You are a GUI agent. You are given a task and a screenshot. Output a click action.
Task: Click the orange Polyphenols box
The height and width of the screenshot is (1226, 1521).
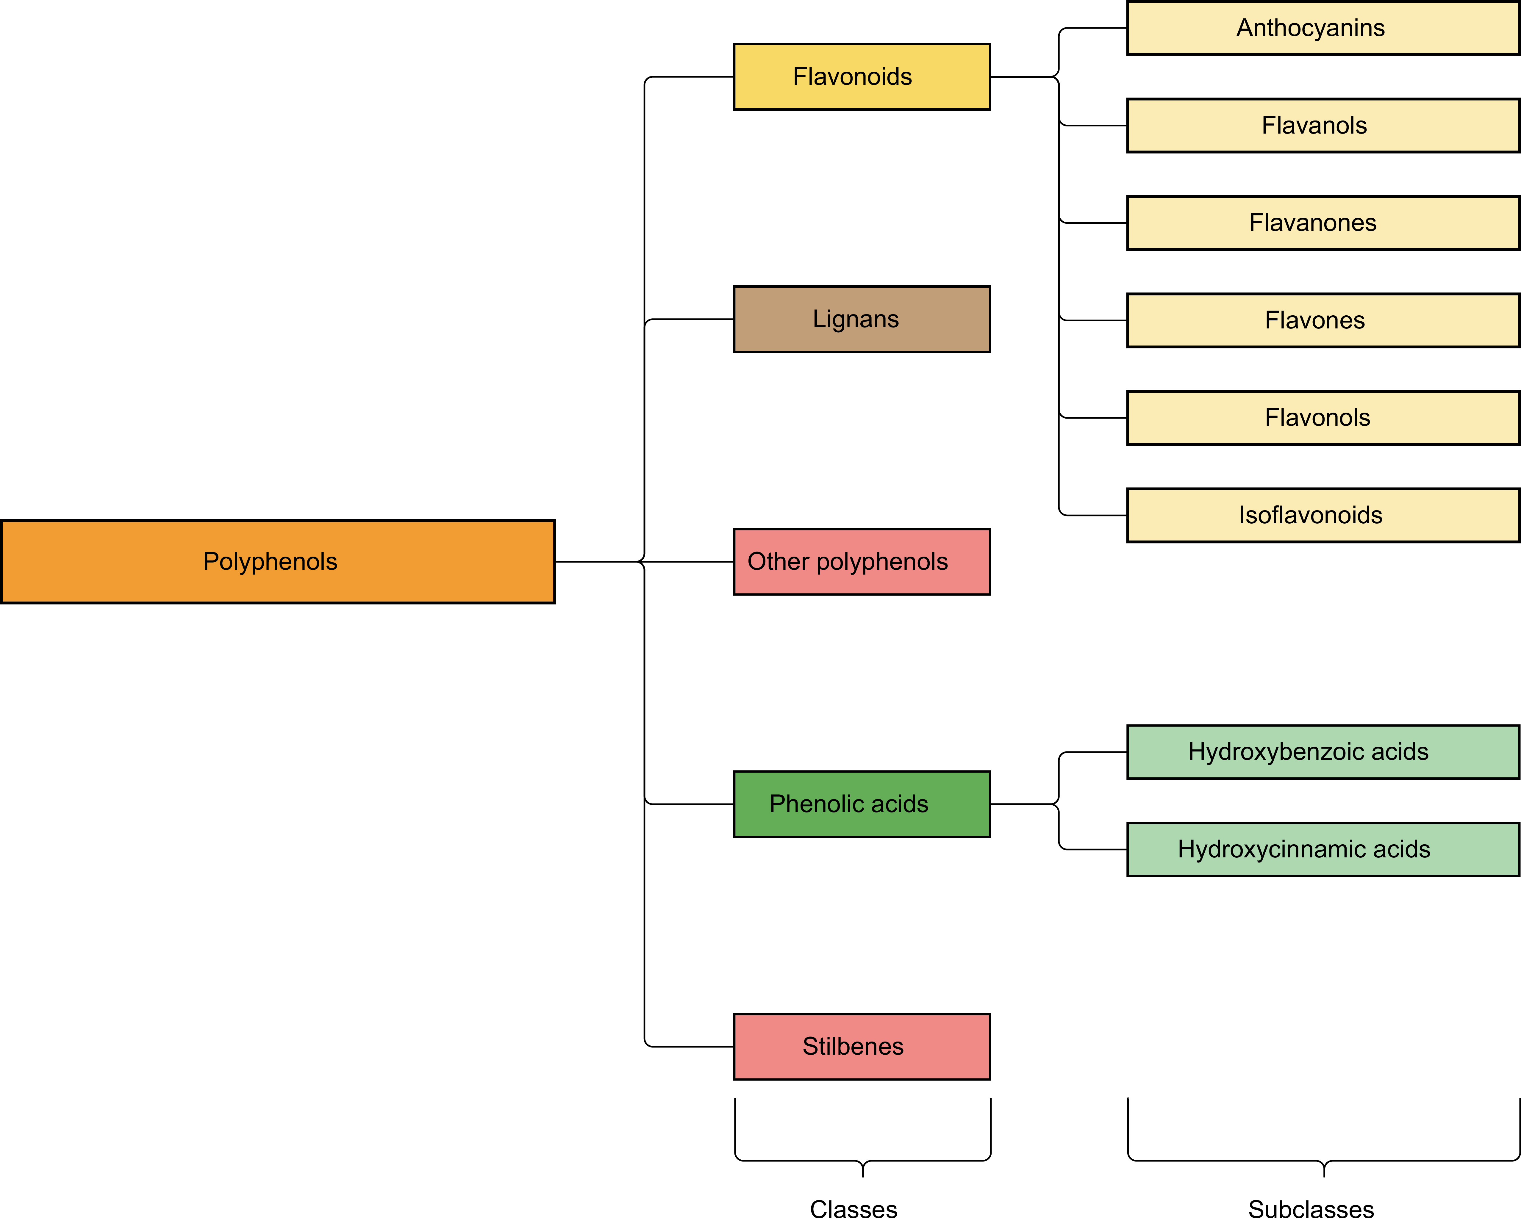(278, 561)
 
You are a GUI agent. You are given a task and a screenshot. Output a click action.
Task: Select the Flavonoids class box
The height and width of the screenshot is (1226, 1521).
(862, 76)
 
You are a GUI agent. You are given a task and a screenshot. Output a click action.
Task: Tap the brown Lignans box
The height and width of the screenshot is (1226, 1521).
(862, 319)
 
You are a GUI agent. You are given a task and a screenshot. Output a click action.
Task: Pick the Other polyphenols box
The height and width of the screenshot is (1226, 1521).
(862, 561)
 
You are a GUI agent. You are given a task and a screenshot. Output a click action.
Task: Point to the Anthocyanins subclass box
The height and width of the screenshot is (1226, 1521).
(1323, 28)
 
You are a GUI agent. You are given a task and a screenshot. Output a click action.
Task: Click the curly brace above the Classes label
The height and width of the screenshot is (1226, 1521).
(863, 1160)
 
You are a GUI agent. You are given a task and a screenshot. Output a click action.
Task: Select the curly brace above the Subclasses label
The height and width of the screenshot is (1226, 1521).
(1324, 1160)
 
